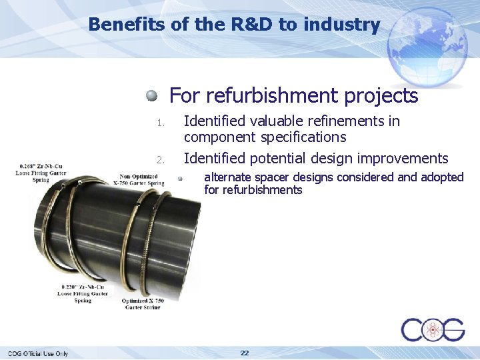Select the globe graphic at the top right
tap(429, 43)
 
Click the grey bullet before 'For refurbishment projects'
tap(153, 95)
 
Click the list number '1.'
tap(160, 123)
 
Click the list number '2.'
tap(160, 160)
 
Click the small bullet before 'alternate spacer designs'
tap(180, 178)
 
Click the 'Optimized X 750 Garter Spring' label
tap(142, 303)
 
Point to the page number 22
tap(245, 353)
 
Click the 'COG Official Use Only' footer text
tap(38, 353)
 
